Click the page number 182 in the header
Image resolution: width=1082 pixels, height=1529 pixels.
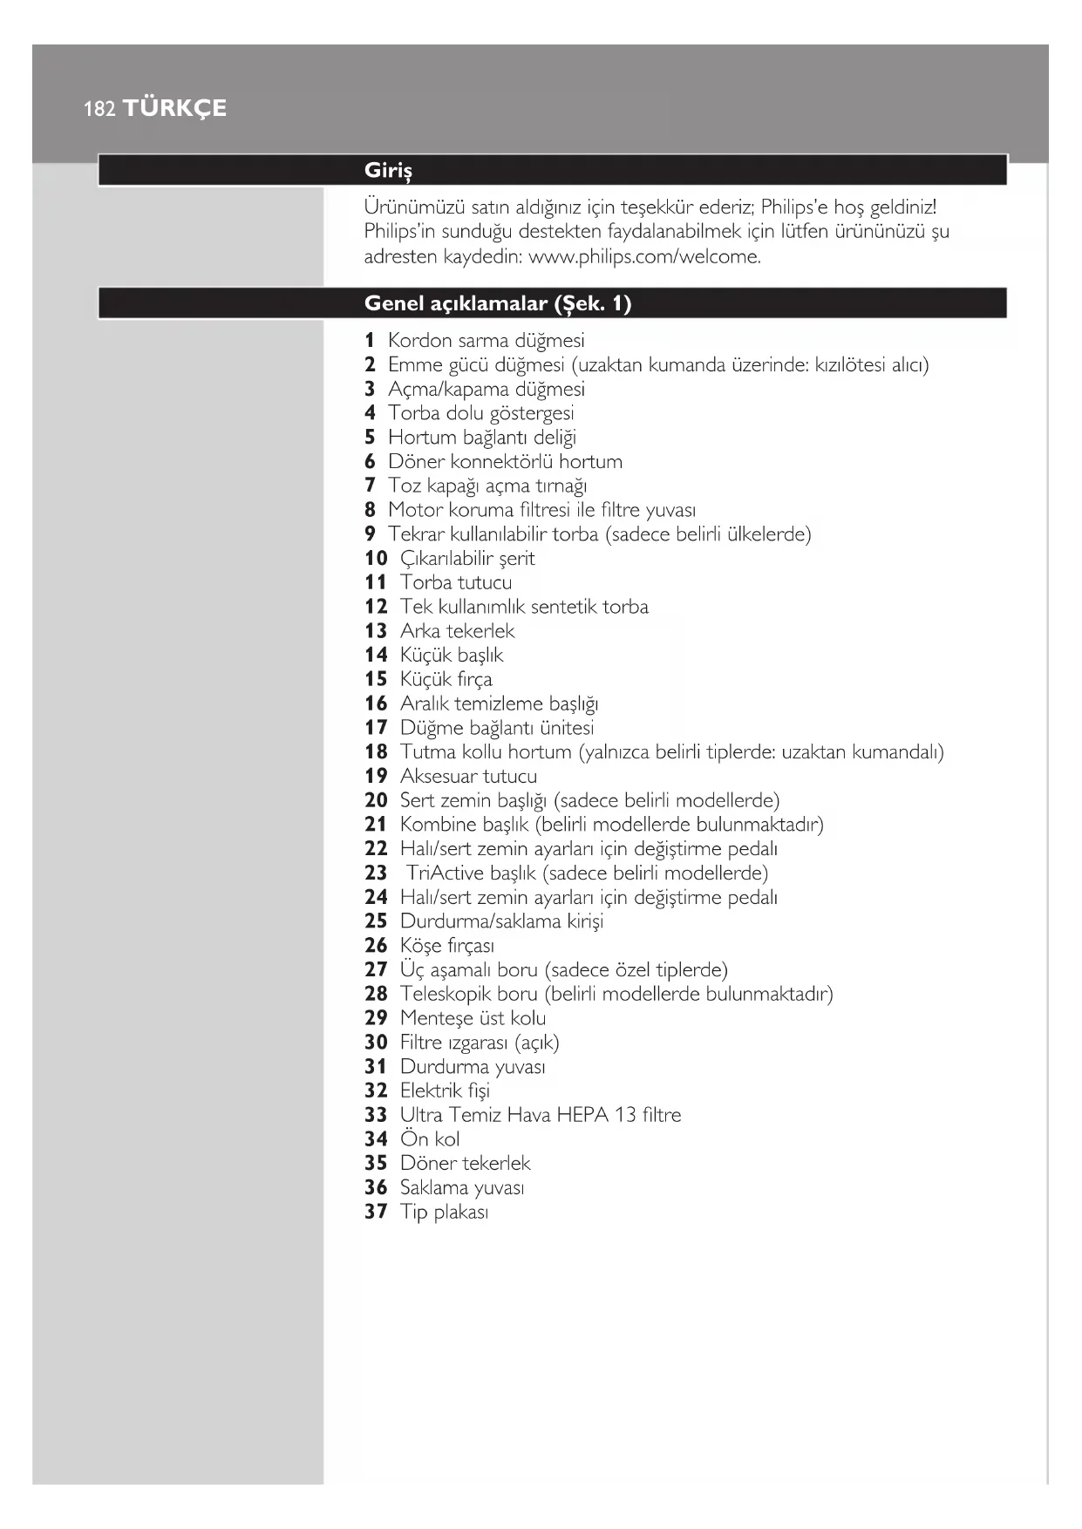point(99,109)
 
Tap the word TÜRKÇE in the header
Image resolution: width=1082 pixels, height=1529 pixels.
point(174,108)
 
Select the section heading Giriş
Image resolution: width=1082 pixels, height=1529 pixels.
point(388,170)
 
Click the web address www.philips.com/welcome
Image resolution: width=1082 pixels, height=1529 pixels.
point(644,256)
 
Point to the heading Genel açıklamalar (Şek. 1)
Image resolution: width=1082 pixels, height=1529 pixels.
point(497,303)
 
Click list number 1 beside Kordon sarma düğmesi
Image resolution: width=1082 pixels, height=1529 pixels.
point(370,340)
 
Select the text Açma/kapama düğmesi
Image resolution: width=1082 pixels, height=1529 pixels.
point(486,389)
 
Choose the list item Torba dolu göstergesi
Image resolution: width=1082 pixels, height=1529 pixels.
point(480,413)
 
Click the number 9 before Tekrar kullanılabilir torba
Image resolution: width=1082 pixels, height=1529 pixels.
point(370,533)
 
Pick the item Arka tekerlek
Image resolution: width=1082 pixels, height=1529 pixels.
point(457,630)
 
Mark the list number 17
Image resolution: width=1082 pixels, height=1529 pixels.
point(376,727)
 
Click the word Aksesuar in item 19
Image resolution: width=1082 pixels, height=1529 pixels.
point(438,776)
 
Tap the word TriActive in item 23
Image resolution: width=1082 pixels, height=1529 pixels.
point(445,873)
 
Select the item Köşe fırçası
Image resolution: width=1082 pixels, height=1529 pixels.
point(446,945)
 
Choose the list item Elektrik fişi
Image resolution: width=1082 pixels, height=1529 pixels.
point(445,1091)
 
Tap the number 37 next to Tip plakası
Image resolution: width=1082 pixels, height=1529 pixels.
point(376,1212)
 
